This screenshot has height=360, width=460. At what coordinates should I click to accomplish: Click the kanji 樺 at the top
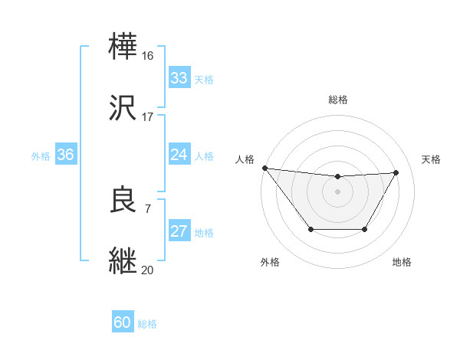click(124, 45)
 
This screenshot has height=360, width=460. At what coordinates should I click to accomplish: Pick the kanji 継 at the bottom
click(124, 260)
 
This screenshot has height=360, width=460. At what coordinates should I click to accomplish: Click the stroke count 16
click(148, 55)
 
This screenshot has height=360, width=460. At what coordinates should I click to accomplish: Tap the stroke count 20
click(148, 270)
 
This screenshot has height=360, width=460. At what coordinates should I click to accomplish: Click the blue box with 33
click(179, 78)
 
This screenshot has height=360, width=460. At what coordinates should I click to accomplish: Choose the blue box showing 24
click(179, 155)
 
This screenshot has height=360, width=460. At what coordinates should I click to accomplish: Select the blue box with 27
click(179, 232)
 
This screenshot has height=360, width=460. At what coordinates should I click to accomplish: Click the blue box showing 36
click(65, 155)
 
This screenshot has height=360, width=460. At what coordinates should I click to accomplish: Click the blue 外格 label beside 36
click(41, 156)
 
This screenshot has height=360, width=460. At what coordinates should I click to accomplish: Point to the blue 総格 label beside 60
click(147, 324)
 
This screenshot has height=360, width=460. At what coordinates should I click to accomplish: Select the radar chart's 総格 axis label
click(338, 100)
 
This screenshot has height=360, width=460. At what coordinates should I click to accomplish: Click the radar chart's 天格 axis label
click(432, 159)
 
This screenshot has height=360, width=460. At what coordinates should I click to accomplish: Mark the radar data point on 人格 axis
click(264, 168)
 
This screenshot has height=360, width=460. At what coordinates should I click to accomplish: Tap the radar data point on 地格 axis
click(365, 229)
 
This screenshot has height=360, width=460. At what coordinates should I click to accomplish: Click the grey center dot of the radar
click(338, 191)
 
